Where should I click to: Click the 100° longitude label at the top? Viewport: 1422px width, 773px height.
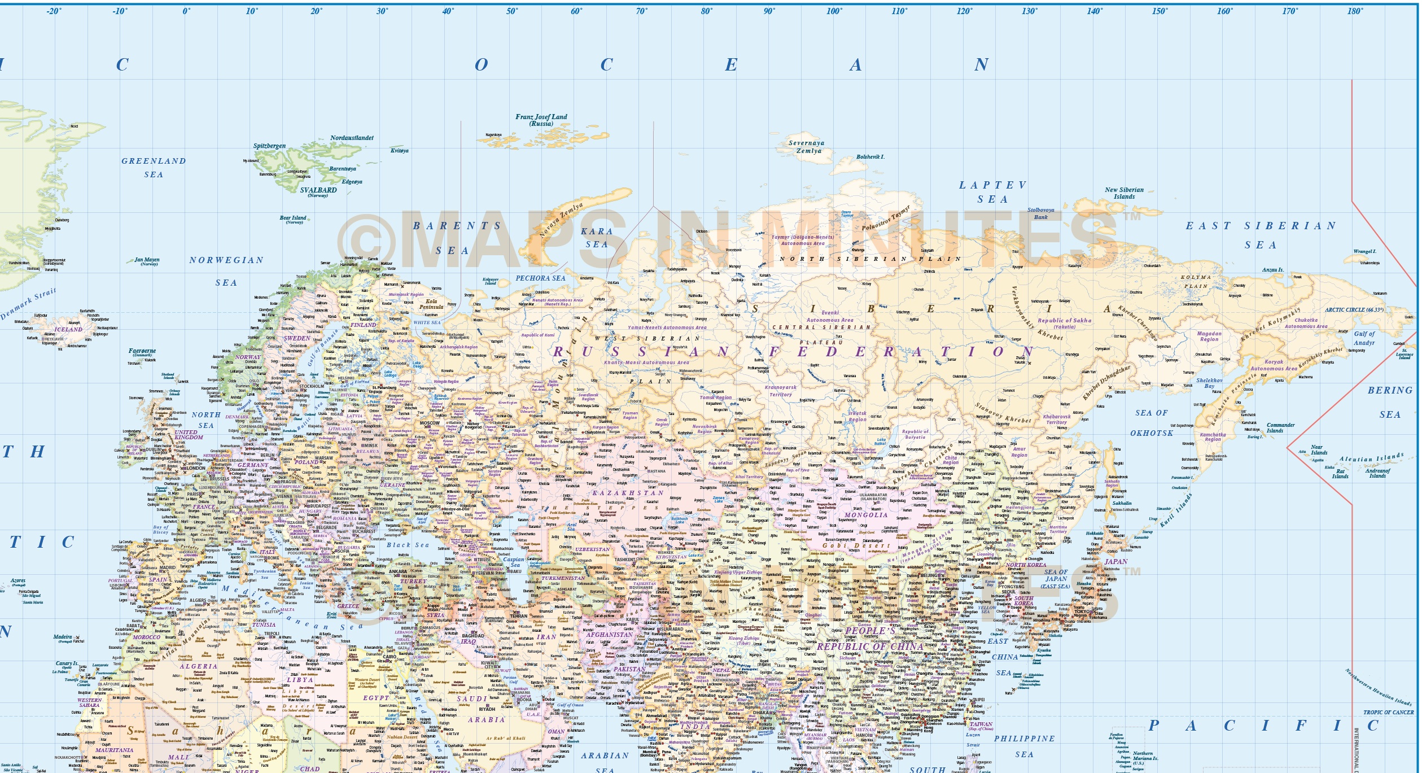834,11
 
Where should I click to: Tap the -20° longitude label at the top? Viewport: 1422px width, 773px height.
54,11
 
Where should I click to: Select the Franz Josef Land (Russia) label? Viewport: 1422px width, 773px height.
541,120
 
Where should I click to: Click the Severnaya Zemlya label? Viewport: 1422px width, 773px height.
806,147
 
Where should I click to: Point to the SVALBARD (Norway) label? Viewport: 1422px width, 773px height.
318,191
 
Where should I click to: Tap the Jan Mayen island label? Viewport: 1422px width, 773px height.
147,261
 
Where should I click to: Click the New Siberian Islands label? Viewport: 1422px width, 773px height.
1124,193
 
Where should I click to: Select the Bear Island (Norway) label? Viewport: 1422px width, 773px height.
293,219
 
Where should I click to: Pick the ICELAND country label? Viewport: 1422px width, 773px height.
68,329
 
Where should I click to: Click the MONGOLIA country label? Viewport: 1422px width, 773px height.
866,515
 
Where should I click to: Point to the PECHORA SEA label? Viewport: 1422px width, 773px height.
540,278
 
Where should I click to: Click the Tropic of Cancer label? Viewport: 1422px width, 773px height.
1388,712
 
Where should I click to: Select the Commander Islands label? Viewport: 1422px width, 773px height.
1280,427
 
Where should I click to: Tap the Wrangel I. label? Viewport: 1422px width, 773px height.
1364,251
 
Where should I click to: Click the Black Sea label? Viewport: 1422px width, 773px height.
408,545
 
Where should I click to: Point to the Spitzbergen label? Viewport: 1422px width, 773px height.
269,146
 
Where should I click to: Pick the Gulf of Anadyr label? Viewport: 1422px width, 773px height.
1364,338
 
